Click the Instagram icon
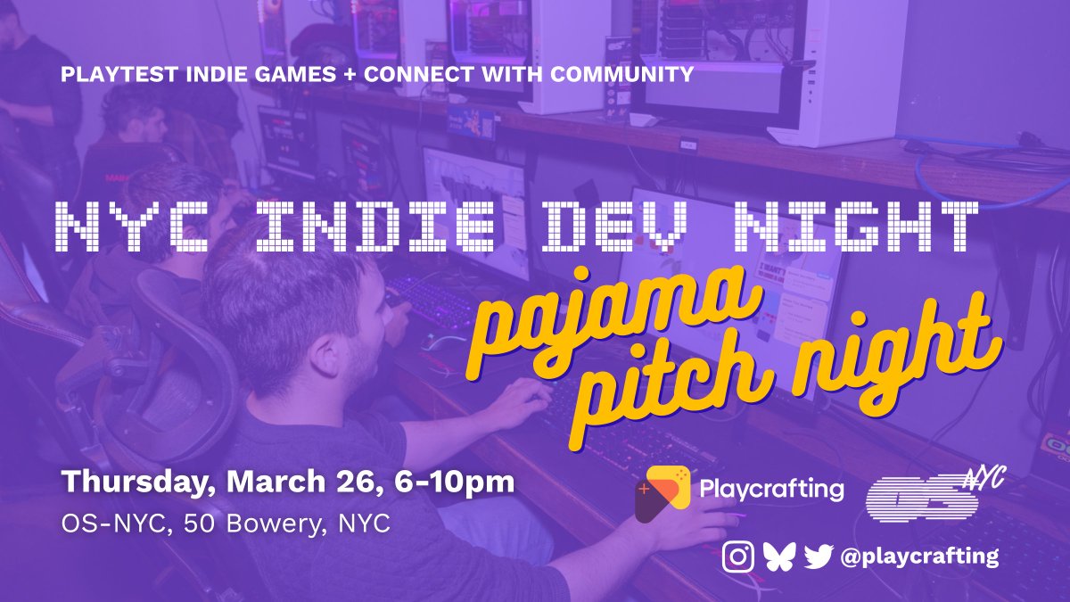(x=737, y=557)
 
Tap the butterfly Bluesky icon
(x=778, y=557)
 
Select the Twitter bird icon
(x=818, y=557)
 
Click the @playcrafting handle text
(x=919, y=557)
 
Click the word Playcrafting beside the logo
(x=772, y=489)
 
